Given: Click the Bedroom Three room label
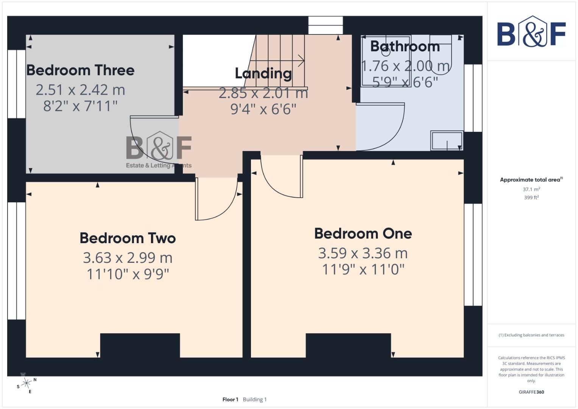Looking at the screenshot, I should click(x=80, y=70).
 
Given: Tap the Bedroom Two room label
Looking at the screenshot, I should click(x=128, y=238).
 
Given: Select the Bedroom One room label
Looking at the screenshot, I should click(x=363, y=234).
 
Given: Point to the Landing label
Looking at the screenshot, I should click(x=263, y=73).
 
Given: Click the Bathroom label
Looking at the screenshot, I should click(x=405, y=47).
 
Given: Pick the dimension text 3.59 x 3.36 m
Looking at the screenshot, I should click(x=363, y=253).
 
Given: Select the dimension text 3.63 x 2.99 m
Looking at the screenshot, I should click(x=128, y=258).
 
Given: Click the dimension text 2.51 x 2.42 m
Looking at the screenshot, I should click(x=80, y=90).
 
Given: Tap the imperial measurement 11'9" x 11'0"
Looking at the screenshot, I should click(x=363, y=270).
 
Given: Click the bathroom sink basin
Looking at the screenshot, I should click(x=447, y=140).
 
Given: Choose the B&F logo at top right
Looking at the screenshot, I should click(x=531, y=32).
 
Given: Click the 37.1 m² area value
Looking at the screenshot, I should click(x=531, y=189).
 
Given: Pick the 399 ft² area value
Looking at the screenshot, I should click(x=531, y=198).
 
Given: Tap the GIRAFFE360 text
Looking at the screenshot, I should click(x=531, y=392).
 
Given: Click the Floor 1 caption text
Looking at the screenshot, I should click(x=231, y=400).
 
